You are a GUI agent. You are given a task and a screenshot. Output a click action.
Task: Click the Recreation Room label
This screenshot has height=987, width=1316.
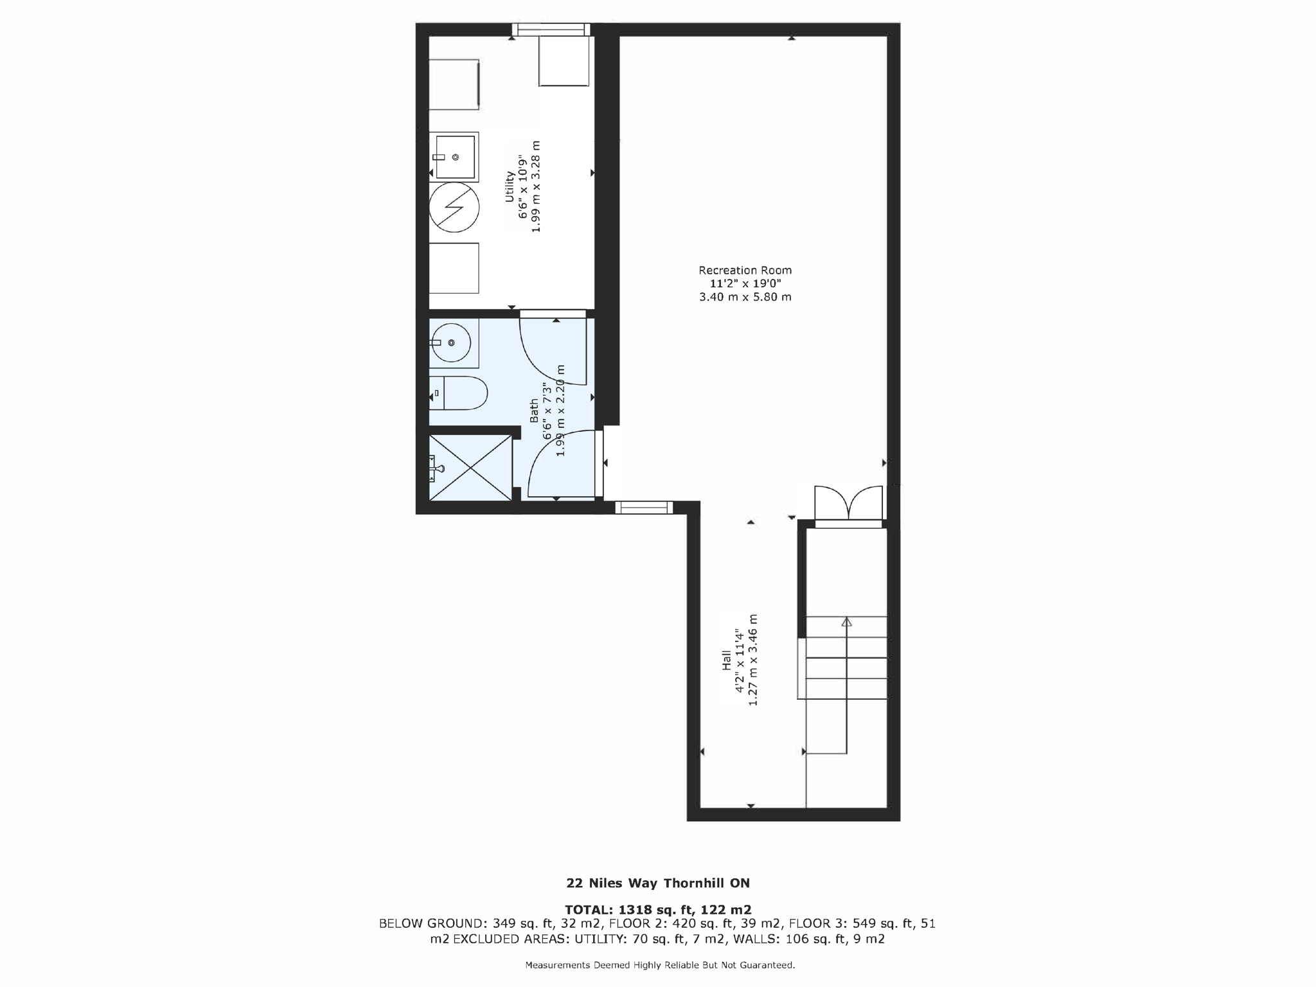click(745, 271)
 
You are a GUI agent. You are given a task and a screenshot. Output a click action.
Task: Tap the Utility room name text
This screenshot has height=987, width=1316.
click(510, 186)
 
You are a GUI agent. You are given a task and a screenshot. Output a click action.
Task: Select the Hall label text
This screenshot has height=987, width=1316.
click(726, 661)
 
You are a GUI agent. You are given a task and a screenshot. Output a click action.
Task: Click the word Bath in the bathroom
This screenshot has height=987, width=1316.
click(534, 411)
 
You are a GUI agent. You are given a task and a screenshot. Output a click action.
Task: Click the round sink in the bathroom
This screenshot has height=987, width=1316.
click(451, 343)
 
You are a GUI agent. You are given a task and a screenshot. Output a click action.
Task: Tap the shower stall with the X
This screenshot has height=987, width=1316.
click(470, 468)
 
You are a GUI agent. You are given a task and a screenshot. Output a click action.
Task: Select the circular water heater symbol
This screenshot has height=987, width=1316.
click(454, 207)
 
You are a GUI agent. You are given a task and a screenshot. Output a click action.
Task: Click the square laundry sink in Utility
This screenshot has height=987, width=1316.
click(455, 156)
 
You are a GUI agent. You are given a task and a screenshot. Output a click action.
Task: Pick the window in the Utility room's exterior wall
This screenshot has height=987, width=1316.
click(551, 30)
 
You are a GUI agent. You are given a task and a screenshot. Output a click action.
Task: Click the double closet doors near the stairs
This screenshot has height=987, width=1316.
click(848, 503)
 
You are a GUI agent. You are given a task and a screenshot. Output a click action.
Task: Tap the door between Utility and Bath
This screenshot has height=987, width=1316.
click(553, 350)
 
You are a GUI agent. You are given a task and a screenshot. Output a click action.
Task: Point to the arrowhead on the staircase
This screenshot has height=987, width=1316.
click(847, 622)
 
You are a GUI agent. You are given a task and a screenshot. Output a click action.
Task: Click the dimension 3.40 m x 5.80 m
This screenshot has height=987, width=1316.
click(745, 297)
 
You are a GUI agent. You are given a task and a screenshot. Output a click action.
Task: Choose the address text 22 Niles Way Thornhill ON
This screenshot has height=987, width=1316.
click(657, 883)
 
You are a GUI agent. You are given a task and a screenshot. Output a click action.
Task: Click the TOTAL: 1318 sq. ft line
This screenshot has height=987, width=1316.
click(657, 909)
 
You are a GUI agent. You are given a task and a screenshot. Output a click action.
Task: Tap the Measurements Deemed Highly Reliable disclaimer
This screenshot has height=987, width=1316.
click(660, 965)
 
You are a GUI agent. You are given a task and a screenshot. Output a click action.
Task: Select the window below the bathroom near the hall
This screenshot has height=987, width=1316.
click(644, 508)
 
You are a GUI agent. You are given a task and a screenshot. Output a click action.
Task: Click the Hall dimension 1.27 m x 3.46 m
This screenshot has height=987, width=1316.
click(753, 661)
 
